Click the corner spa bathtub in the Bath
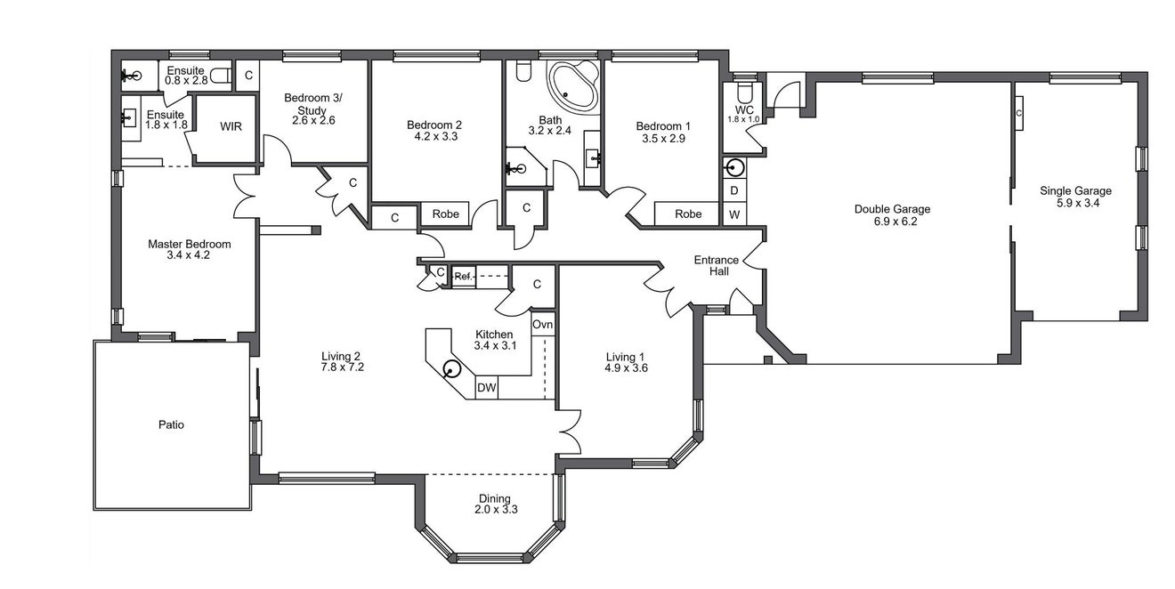click(x=573, y=87)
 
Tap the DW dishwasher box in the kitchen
click(x=486, y=388)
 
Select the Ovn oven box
click(x=543, y=325)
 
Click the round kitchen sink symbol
click(x=451, y=370)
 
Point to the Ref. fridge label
click(x=464, y=276)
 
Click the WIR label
click(x=231, y=126)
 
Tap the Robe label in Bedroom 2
click(x=445, y=214)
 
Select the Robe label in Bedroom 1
click(x=688, y=214)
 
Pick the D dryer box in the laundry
click(x=734, y=191)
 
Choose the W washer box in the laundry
click(x=734, y=214)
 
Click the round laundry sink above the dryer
click(x=735, y=168)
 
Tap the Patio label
click(x=171, y=424)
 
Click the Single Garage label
click(x=1076, y=191)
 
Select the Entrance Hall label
click(x=717, y=265)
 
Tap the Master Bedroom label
click(x=189, y=244)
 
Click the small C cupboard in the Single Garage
click(x=1018, y=113)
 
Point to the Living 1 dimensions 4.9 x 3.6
click(x=626, y=368)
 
